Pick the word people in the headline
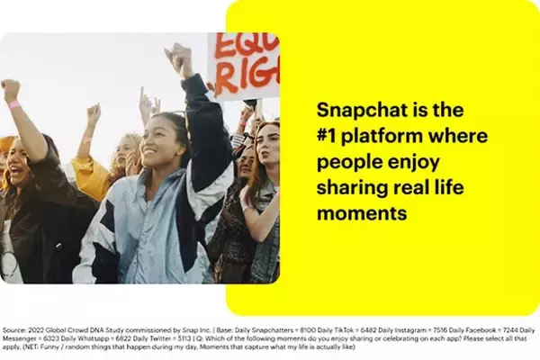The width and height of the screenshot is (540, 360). click(346, 162)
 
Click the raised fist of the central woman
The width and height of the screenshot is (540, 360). click(181, 58)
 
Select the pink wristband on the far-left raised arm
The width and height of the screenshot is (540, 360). click(14, 104)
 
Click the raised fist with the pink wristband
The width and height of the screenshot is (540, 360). click(11, 90)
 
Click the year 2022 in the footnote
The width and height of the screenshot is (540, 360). click(39, 330)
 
